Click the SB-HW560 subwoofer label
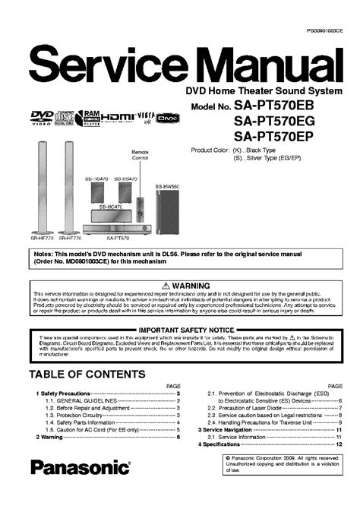(169, 186)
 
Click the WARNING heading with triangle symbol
(179, 285)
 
